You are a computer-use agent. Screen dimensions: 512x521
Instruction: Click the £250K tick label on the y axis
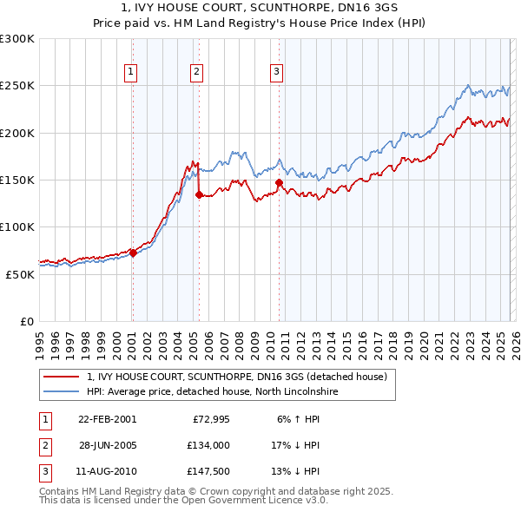17,86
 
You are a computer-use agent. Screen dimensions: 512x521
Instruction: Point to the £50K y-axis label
20,274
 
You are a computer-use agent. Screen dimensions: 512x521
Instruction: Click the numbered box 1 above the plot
130,72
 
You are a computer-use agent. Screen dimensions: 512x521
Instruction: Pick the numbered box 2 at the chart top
197,72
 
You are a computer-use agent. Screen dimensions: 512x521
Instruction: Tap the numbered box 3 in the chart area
276,72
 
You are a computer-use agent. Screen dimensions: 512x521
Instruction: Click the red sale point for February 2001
133,253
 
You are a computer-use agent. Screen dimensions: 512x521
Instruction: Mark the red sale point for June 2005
199,195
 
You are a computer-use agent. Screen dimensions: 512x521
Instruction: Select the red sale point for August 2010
279,182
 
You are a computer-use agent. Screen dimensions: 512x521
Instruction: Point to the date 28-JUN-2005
107,445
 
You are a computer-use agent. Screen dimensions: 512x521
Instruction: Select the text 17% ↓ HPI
295,445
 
